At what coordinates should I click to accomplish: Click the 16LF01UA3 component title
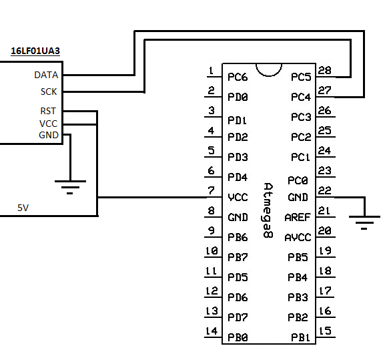35,51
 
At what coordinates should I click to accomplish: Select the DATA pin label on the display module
46,75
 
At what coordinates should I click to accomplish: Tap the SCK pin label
49,92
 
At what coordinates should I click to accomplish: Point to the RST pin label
48,111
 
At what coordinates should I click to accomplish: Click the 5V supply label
23,208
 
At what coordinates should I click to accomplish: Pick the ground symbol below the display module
70,187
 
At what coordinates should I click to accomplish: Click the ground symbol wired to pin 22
364,222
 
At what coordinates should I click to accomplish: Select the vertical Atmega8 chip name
268,210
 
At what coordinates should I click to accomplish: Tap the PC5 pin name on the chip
301,77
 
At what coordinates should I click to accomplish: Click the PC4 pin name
301,97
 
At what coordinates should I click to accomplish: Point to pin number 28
324,70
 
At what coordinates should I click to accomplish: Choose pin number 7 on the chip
211,190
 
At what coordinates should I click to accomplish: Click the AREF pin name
298,218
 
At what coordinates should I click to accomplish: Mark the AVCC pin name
298,238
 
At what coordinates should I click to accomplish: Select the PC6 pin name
238,77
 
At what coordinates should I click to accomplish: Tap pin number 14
212,331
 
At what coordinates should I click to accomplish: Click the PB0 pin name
238,337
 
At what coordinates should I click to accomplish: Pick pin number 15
325,331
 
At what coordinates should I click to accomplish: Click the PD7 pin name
238,317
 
